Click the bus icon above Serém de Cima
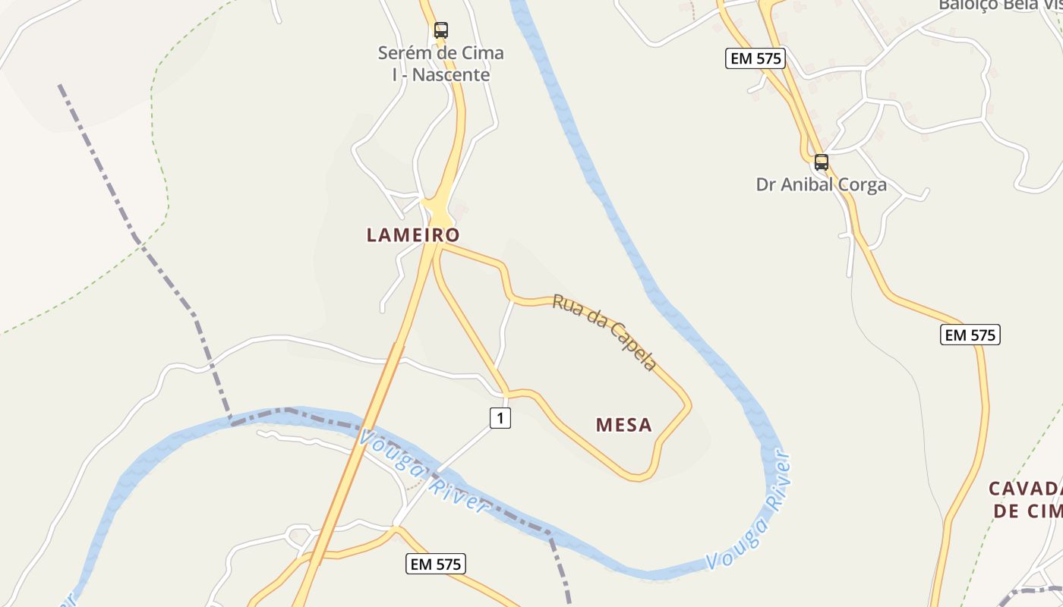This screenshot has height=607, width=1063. click(441, 30)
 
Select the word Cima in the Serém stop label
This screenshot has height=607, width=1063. click(481, 54)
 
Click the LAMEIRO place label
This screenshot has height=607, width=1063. click(413, 235)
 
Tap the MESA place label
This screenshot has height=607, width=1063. click(624, 425)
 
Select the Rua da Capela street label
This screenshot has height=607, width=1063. click(604, 332)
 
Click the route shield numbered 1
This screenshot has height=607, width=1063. click(500, 417)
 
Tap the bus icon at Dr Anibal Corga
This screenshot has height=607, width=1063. click(822, 162)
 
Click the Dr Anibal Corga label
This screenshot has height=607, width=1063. click(822, 185)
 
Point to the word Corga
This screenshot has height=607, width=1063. click(861, 185)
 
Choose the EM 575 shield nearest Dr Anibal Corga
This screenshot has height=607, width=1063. click(755, 58)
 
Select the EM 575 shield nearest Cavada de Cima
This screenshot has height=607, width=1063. click(970, 335)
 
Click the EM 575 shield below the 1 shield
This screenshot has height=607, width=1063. click(436, 564)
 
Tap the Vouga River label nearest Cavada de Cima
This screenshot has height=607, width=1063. click(749, 510)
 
